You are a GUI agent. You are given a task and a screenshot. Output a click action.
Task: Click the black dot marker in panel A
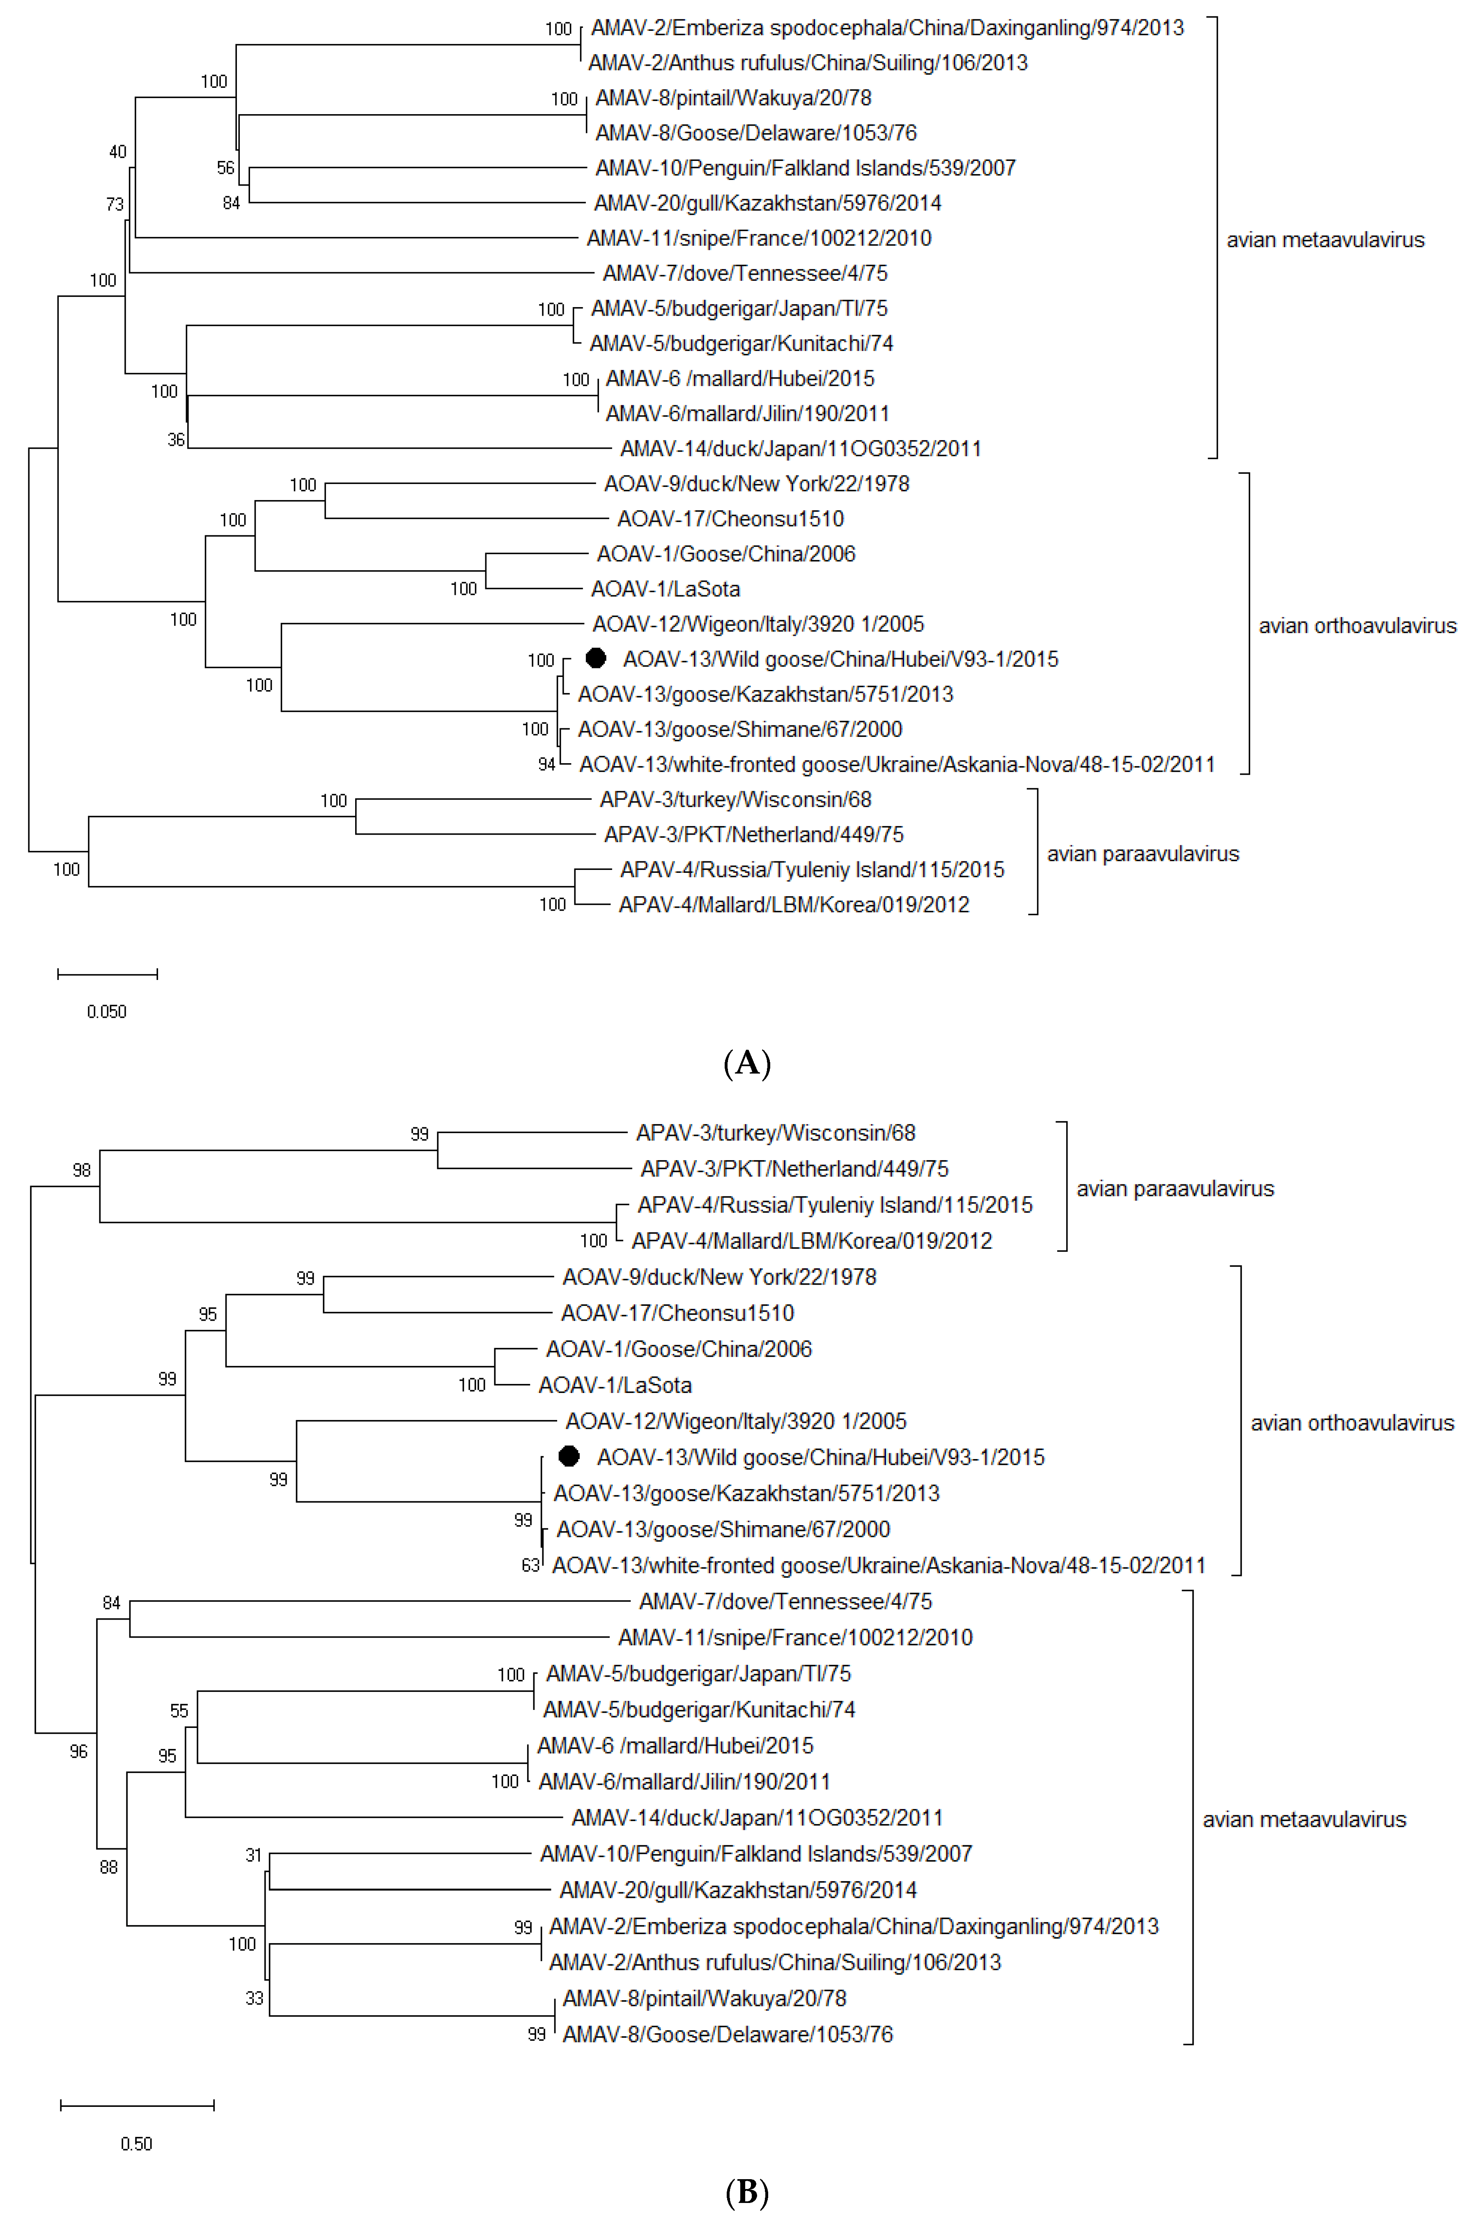(596, 658)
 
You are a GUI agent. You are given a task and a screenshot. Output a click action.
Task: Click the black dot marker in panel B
(568, 1456)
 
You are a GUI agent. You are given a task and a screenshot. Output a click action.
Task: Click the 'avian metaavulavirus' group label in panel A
(1325, 240)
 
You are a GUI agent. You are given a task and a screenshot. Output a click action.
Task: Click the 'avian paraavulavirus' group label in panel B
(1175, 1189)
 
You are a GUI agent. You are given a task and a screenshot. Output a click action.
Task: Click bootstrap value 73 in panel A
(115, 204)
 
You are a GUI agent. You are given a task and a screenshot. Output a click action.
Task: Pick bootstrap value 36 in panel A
(176, 440)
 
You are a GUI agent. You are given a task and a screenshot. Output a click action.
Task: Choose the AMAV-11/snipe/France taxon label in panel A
(758, 238)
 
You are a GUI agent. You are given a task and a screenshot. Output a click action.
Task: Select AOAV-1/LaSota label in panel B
(615, 1386)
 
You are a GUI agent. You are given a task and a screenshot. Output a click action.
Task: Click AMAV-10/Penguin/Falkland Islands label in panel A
(805, 168)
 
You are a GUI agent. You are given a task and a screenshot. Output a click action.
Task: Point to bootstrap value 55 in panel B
(179, 1711)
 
